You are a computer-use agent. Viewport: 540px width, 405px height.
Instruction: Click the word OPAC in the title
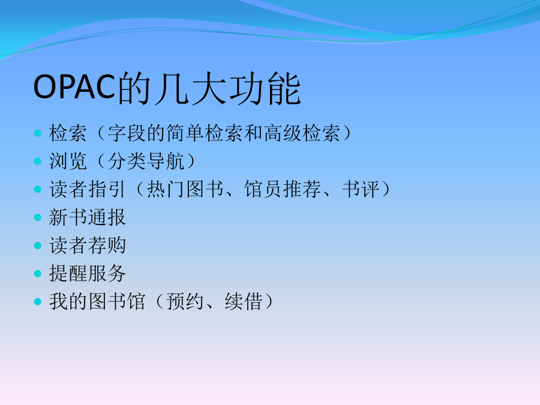pos(74,87)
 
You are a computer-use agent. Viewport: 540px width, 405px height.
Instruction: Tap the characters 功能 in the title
pos(265,88)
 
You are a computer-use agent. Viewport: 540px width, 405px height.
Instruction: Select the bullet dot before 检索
pos(38,133)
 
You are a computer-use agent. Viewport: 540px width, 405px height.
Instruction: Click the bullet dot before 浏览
pos(38,161)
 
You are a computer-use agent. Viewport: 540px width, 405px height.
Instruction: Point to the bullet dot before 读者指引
pos(38,190)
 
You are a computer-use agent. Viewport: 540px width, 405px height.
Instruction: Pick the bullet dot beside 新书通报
pos(38,217)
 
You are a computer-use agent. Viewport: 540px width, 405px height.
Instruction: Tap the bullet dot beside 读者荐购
pos(38,245)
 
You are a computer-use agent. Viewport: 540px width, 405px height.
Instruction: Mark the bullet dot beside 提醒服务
pos(38,274)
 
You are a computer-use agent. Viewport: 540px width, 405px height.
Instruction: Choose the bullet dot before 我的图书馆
pos(38,302)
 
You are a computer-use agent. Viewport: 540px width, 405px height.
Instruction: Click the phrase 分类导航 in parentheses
pos(146,161)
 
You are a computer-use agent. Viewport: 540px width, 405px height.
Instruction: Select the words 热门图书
pos(185,189)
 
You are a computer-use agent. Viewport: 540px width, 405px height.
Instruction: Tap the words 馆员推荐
pos(283,189)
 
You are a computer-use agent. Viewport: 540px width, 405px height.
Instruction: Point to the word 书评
pos(361,189)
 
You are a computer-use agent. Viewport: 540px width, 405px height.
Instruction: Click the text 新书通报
pos(88,217)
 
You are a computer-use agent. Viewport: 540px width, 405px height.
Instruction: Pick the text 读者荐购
pos(88,245)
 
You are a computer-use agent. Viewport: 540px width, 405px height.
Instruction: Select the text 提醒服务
pos(88,274)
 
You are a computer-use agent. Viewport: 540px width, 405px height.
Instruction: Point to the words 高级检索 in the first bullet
pos(302,133)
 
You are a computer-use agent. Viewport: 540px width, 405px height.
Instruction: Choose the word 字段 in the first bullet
pos(127,133)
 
